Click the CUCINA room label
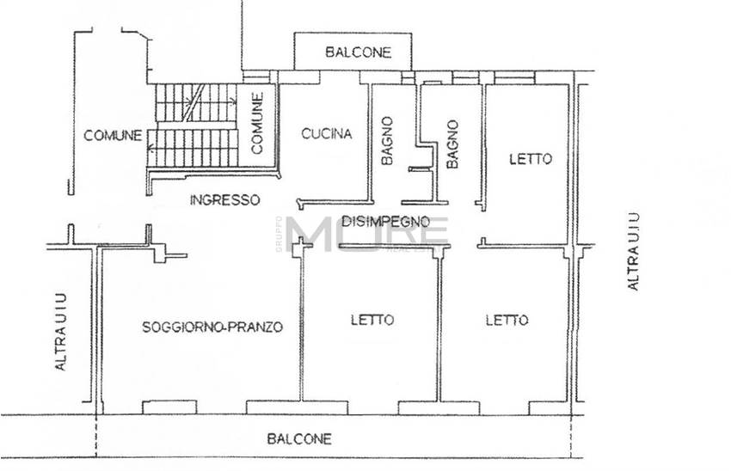326,133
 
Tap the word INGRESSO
224,199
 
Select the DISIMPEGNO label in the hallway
385,221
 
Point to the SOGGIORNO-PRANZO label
212,327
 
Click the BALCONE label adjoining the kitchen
358,52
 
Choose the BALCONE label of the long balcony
298,438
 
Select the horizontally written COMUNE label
113,135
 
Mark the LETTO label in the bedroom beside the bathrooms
530,159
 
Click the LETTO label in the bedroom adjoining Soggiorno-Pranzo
372,320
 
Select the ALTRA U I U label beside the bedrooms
633,250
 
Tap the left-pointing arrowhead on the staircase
151,148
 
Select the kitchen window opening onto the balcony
300,76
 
